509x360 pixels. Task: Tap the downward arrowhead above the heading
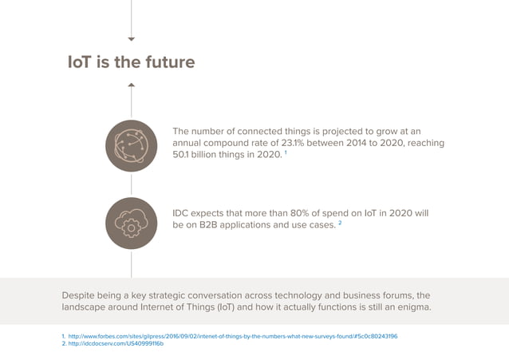[x=132, y=38]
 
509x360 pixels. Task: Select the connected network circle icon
[x=131, y=145]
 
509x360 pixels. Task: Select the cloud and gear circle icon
[x=131, y=223]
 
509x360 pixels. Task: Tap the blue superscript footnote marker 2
[x=339, y=224]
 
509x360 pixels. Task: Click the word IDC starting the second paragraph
[x=183, y=214]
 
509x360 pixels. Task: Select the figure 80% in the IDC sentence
[x=303, y=214]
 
